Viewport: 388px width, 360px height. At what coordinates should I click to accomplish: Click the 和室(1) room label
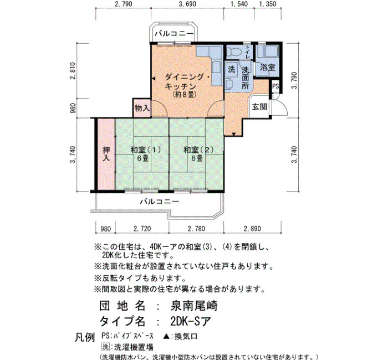point(145,150)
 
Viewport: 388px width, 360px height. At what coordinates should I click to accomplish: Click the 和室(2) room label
point(198,150)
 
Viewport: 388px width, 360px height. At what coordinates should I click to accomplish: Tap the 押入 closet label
point(106,154)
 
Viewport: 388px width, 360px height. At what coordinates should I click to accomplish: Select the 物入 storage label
point(142,108)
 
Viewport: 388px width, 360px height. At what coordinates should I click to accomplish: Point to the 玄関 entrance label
point(259,107)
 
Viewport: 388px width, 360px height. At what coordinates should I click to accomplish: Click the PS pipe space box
point(275,86)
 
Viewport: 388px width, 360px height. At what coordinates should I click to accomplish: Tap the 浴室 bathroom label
point(267,67)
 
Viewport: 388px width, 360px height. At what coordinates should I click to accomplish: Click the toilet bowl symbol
point(233,52)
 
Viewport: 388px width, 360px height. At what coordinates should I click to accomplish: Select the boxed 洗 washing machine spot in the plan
point(231,69)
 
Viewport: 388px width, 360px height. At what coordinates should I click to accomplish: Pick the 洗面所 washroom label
point(245,78)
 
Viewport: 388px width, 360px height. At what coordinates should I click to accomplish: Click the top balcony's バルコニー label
point(173,33)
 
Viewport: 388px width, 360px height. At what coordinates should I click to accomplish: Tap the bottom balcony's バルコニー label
point(160,202)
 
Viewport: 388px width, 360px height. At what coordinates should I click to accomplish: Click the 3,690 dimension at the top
point(187,4)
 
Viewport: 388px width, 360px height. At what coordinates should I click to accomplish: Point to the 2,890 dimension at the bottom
point(252,228)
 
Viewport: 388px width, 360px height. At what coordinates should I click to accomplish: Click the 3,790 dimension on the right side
point(294,81)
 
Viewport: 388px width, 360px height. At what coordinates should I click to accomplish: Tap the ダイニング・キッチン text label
point(187,81)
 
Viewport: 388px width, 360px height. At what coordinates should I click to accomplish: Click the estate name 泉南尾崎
point(194,306)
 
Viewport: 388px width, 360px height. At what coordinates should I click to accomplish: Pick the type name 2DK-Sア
point(191,321)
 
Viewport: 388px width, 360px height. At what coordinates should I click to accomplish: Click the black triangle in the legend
point(166,336)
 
